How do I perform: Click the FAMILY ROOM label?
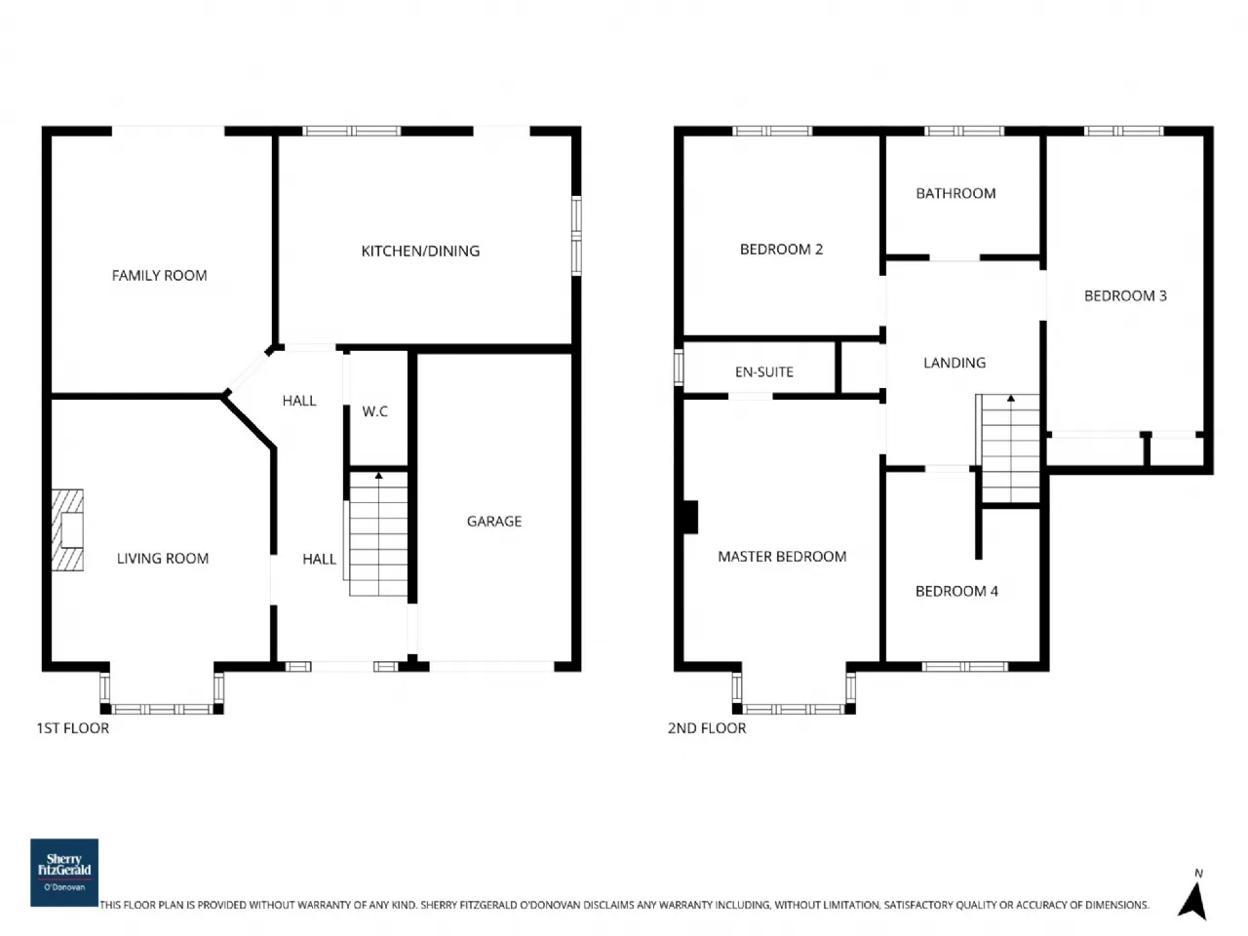(159, 276)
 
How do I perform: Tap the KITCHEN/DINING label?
(420, 252)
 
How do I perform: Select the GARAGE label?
(493, 522)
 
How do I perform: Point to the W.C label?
(375, 411)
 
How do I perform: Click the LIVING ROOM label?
(163, 559)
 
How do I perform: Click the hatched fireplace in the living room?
(68, 529)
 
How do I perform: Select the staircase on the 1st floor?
(378, 534)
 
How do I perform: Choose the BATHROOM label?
(955, 194)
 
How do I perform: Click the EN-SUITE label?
(763, 372)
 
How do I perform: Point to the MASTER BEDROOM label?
(782, 557)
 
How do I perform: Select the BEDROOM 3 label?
(1125, 296)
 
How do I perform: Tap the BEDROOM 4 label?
(956, 592)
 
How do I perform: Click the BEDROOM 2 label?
(781, 250)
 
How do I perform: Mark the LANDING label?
(955, 363)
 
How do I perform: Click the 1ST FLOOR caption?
(73, 728)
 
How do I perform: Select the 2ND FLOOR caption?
(707, 728)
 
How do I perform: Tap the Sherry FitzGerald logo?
(64, 872)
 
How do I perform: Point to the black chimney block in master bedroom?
(690, 517)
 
